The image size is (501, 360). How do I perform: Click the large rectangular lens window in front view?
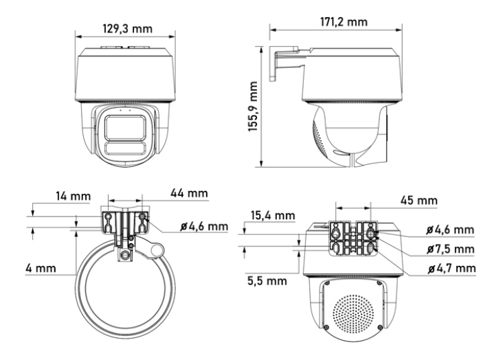(x=124, y=127)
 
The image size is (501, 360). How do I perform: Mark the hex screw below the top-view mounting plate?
(x=124, y=255)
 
